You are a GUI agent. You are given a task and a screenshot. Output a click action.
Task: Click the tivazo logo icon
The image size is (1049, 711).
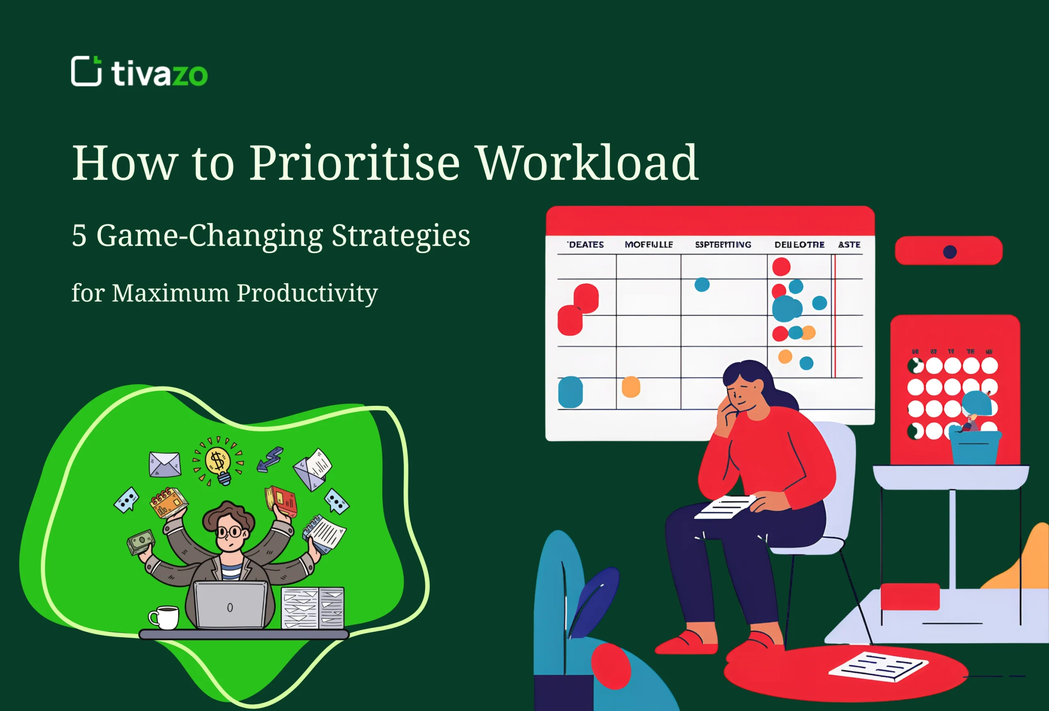[x=86, y=71]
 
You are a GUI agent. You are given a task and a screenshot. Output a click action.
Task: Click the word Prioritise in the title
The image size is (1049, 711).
[x=354, y=163]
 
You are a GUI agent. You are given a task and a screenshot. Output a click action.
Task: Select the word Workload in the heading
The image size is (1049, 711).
[x=588, y=163]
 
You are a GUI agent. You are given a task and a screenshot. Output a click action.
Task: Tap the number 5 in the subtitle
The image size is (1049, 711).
[x=79, y=235]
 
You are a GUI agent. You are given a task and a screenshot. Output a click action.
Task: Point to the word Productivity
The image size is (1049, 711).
[x=307, y=293]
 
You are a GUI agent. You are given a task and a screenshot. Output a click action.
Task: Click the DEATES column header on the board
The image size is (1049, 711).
[x=586, y=245]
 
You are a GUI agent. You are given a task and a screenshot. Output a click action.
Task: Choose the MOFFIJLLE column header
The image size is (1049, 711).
[x=648, y=245]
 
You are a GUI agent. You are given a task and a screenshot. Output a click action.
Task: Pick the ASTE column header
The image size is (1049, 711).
[x=849, y=245]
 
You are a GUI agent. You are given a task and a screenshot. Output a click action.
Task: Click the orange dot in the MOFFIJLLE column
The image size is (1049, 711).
[x=631, y=387]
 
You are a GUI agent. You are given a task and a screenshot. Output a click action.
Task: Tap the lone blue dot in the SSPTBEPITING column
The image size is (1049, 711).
[x=702, y=285]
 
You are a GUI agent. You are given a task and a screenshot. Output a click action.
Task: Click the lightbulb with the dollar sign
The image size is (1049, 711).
[x=218, y=462]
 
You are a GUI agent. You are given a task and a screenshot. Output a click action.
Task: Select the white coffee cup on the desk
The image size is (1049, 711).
[x=164, y=617]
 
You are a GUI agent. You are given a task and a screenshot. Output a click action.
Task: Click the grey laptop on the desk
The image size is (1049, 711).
[x=230, y=605]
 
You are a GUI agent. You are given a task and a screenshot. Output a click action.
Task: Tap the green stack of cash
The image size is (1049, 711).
[x=141, y=541]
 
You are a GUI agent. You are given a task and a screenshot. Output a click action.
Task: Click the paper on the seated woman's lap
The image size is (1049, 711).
[x=725, y=507]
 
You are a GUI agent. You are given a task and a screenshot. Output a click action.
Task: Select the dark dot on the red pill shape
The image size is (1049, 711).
[x=950, y=252]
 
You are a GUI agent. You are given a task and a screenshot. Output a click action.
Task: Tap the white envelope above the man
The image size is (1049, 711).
[x=165, y=464]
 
